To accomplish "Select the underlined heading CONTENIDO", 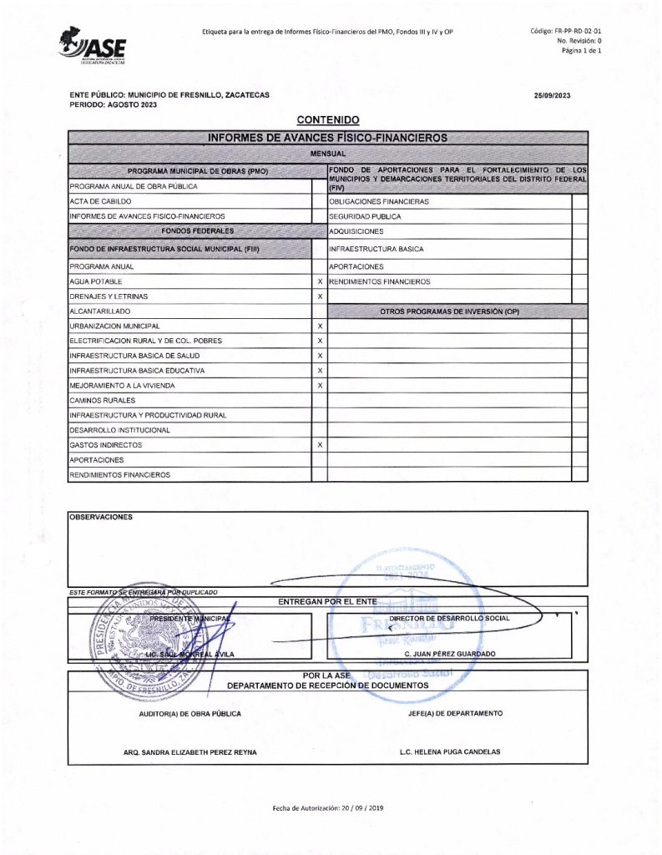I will [x=327, y=120].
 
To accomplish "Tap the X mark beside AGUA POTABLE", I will [x=320, y=281].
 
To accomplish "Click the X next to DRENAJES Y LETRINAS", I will [x=320, y=296].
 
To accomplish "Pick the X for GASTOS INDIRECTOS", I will [x=320, y=445].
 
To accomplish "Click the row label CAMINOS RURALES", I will [x=96, y=401].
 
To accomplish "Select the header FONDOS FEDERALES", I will [x=197, y=230].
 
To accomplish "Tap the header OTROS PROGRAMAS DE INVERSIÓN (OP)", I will [x=449, y=311].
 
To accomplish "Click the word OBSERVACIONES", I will [x=100, y=517].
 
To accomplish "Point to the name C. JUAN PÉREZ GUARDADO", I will [x=449, y=653].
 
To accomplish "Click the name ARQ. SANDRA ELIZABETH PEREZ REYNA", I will [x=190, y=751].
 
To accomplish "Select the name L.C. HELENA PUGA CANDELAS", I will [x=450, y=751].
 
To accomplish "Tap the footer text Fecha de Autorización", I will [x=327, y=808].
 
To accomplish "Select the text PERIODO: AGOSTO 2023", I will [x=113, y=104].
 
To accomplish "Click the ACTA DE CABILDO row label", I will [x=100, y=201].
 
